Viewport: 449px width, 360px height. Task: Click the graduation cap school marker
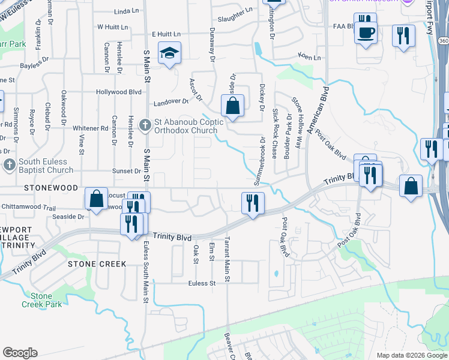click(169, 53)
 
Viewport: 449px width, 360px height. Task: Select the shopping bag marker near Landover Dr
click(232, 106)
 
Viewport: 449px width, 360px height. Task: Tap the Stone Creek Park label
click(41, 300)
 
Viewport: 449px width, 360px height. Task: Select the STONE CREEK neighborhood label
click(97, 264)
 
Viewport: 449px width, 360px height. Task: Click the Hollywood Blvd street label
click(119, 92)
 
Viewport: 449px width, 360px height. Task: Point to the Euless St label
click(201, 283)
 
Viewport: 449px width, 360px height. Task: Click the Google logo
click(20, 353)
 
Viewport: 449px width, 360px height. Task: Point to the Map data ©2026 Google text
click(411, 355)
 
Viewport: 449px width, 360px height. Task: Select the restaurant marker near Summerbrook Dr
click(253, 202)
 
